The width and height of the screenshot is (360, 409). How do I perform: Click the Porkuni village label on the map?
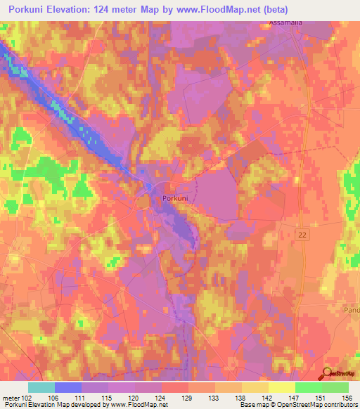(174, 199)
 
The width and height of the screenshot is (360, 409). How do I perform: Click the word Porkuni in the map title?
(31, 9)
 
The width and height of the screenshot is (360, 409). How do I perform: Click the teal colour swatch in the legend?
(41, 387)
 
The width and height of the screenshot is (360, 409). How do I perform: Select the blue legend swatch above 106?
(68, 387)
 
